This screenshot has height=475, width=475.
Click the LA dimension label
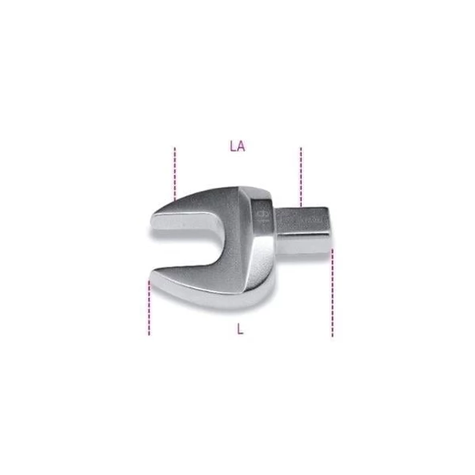pyautogui.click(x=237, y=147)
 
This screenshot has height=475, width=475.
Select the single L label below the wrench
pyautogui.click(x=240, y=328)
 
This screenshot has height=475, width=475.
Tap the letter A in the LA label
pyautogui.click(x=241, y=147)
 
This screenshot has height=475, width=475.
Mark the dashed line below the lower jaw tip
pyautogui.click(x=149, y=309)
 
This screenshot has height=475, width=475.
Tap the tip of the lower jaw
pyautogui.click(x=154, y=281)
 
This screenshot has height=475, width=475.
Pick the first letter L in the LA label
pyautogui.click(x=232, y=147)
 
